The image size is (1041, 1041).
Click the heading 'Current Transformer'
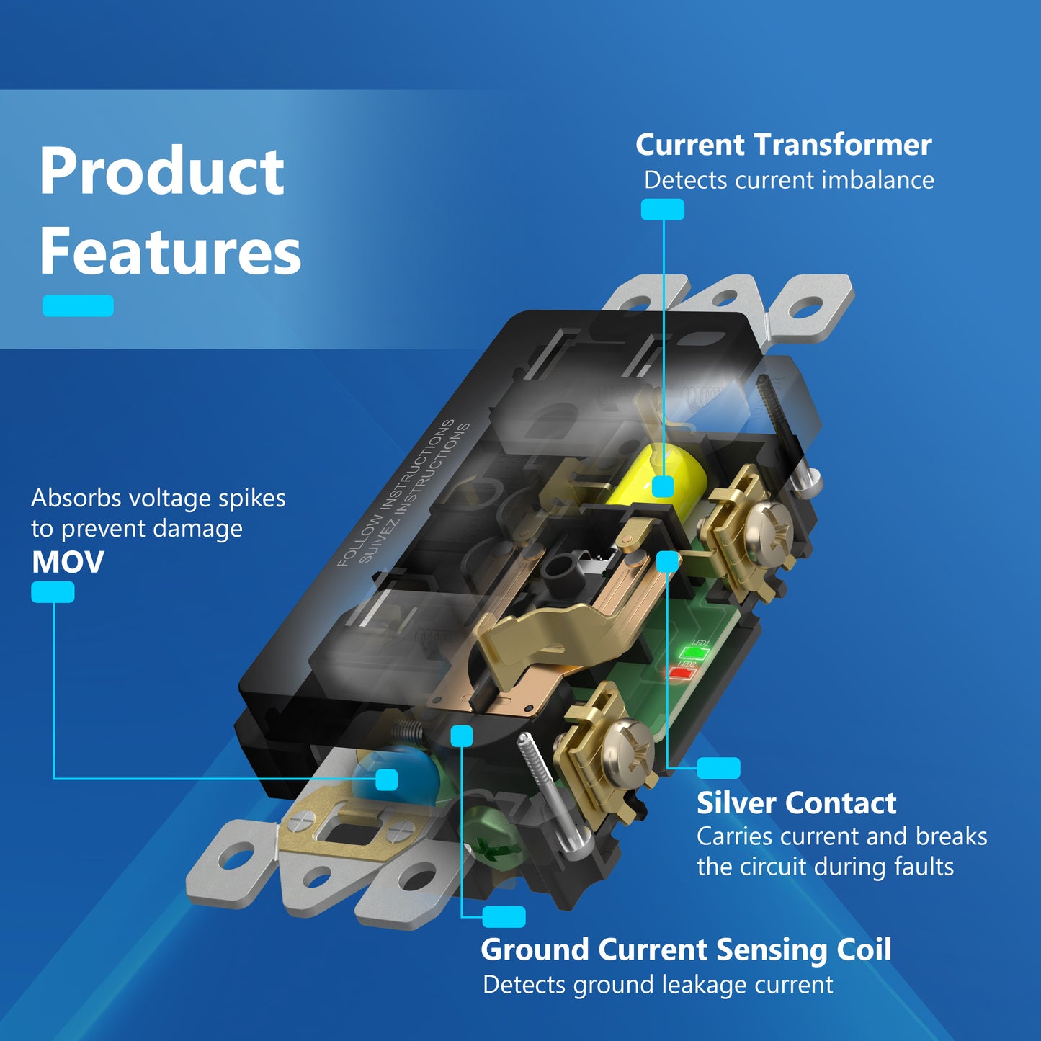[x=783, y=145]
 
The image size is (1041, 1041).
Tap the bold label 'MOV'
[x=68, y=562]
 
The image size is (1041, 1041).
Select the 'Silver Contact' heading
[x=796, y=803]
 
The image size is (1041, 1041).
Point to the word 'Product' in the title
[x=161, y=171]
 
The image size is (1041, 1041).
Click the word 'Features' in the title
[x=170, y=251]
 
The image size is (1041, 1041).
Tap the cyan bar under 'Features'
[x=78, y=305]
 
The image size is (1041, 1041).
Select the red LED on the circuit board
[x=682, y=673]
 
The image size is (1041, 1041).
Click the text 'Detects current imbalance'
[x=789, y=180]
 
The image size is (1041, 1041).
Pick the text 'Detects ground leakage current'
[x=658, y=984]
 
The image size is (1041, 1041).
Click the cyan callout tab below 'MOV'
[x=53, y=592]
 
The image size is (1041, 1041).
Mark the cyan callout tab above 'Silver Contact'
[x=718, y=768]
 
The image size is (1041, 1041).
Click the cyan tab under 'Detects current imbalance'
[x=662, y=210]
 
